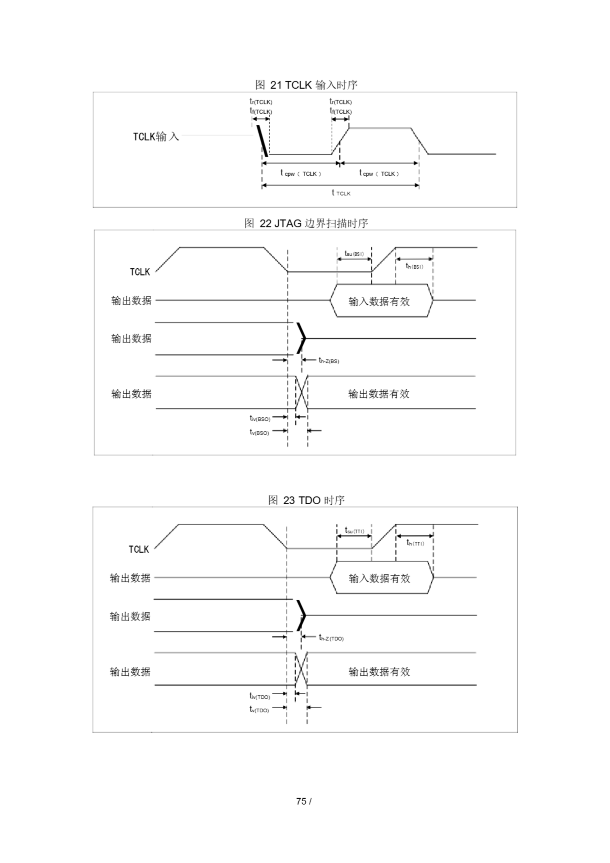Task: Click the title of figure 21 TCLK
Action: click(306, 85)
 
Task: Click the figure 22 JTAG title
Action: click(306, 223)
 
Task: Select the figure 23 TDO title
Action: click(306, 500)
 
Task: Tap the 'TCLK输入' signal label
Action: click(156, 136)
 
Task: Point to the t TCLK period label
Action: click(341, 193)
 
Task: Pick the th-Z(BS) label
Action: click(329, 361)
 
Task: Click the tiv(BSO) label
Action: click(260, 418)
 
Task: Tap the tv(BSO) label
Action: click(260, 433)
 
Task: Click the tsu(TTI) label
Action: click(355, 531)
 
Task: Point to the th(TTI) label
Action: click(415, 543)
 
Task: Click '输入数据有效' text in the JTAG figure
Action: click(379, 301)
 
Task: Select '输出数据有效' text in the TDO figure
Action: click(379, 672)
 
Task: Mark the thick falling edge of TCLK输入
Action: click(262, 141)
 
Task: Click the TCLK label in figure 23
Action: click(139, 549)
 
